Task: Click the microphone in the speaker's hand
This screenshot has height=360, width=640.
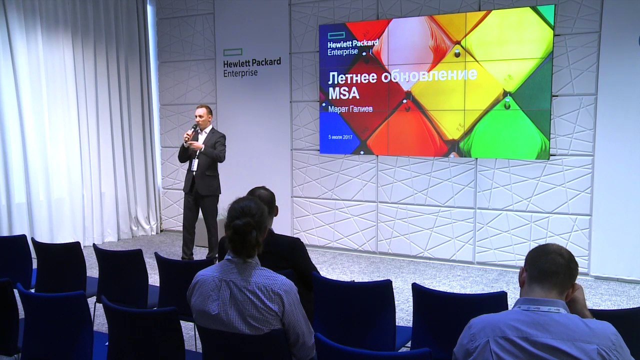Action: pyautogui.click(x=191, y=132)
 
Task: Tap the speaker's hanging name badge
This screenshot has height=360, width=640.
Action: pyautogui.click(x=195, y=165)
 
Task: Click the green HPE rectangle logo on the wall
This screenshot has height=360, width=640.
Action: pyautogui.click(x=233, y=52)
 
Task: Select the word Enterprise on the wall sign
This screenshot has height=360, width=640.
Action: pyautogui.click(x=240, y=73)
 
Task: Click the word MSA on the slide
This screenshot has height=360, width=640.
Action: pyautogui.click(x=340, y=93)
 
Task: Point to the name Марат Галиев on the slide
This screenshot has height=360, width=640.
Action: pyautogui.click(x=350, y=109)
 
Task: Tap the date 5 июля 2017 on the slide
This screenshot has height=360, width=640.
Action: pyautogui.click(x=340, y=137)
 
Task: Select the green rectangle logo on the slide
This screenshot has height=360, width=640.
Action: pyautogui.click(x=336, y=35)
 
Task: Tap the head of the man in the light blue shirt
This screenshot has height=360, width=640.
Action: pyautogui.click(x=547, y=272)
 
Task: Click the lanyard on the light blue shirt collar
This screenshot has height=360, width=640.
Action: pyautogui.click(x=540, y=308)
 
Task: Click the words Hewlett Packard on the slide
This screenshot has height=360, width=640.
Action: pyautogui.click(x=353, y=43)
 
